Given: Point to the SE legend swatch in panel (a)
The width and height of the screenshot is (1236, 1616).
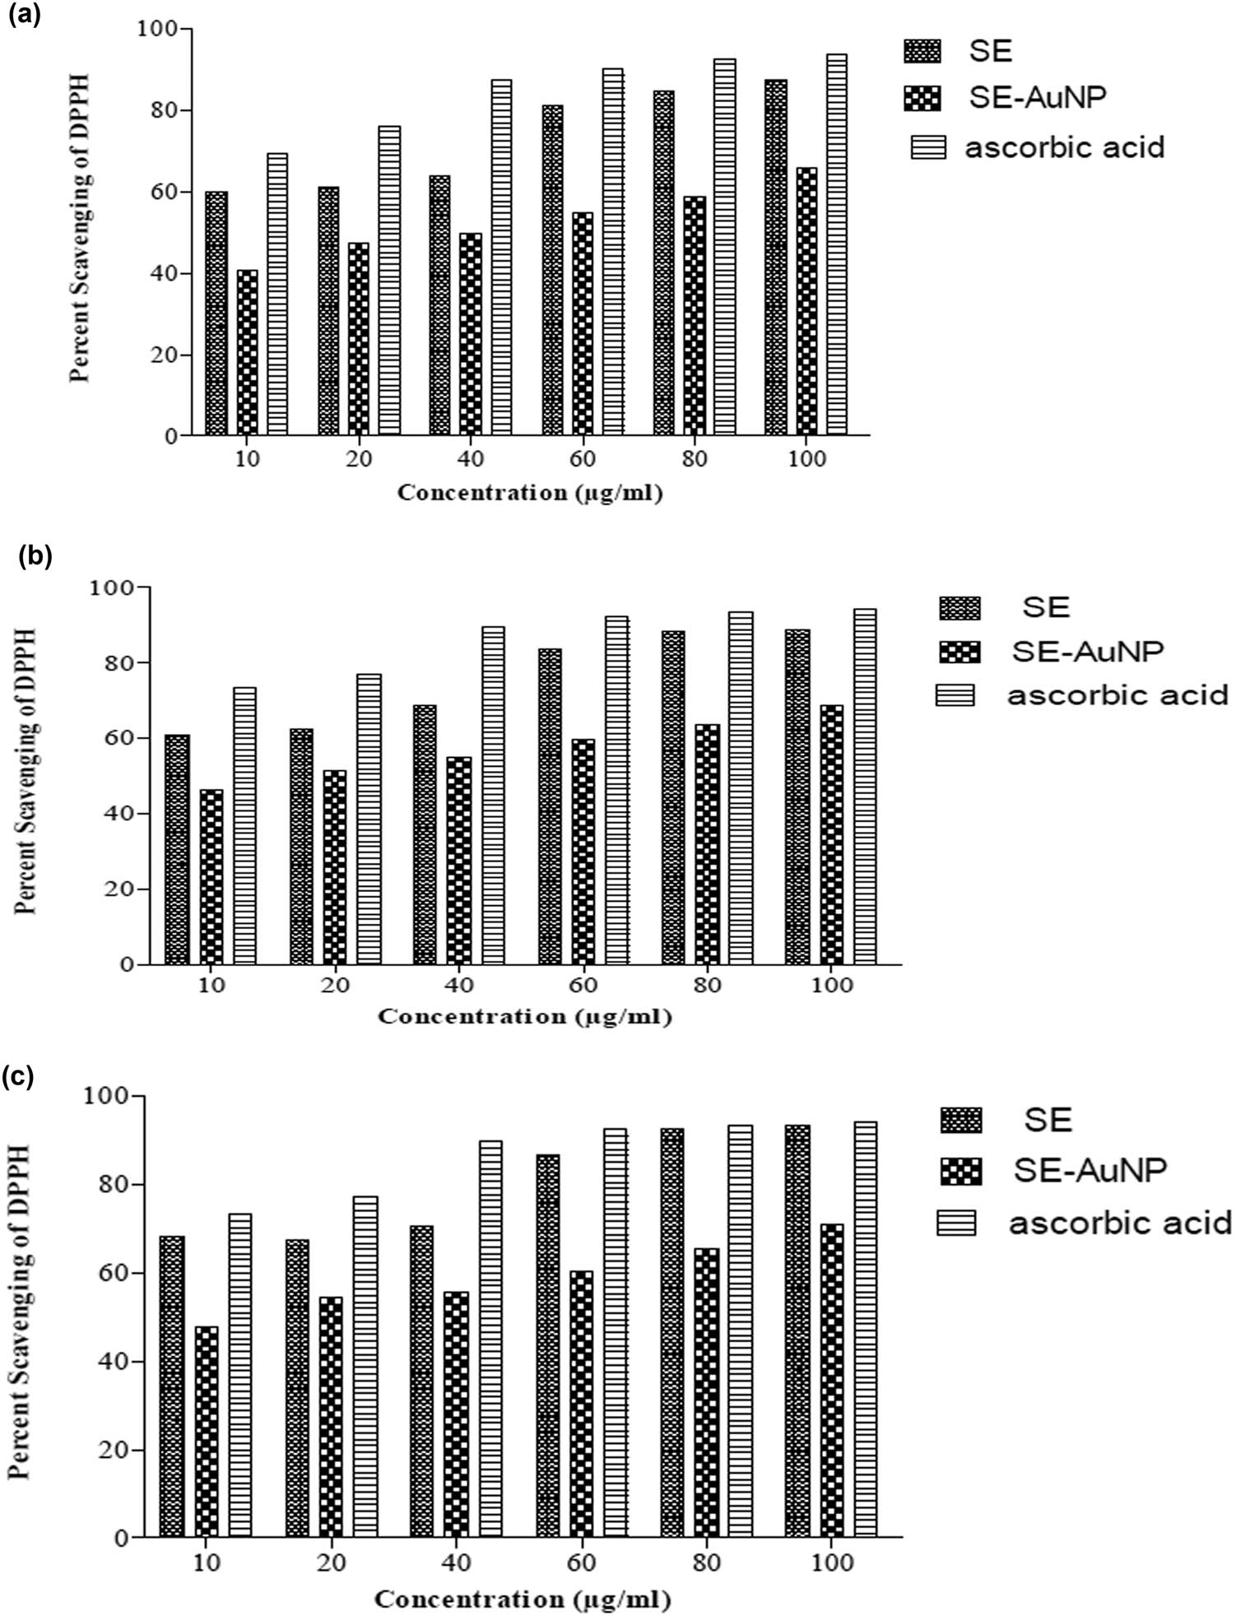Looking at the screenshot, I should (922, 51).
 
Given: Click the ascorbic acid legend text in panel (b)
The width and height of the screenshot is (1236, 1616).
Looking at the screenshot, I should (1118, 695).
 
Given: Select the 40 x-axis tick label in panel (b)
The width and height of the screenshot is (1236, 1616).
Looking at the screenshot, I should (459, 985).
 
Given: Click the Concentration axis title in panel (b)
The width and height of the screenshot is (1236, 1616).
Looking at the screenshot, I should (525, 1017).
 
